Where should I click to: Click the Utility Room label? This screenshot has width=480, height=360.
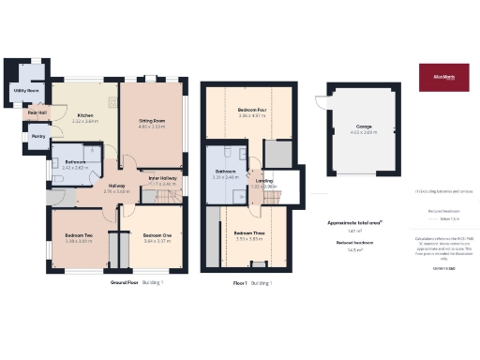pos(25,91)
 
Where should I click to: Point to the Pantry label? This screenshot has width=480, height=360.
pos(38,137)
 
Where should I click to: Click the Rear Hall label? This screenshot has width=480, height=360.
pos(37,112)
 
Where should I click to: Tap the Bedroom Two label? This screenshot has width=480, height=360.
pos(78,234)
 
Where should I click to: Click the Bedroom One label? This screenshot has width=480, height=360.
pos(157,234)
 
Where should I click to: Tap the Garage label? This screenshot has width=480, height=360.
pos(364,127)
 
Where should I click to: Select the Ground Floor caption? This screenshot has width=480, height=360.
pos(125,281)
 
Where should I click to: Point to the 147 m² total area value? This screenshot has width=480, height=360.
pos(355,231)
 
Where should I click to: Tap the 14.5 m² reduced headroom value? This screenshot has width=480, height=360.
pos(355,250)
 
